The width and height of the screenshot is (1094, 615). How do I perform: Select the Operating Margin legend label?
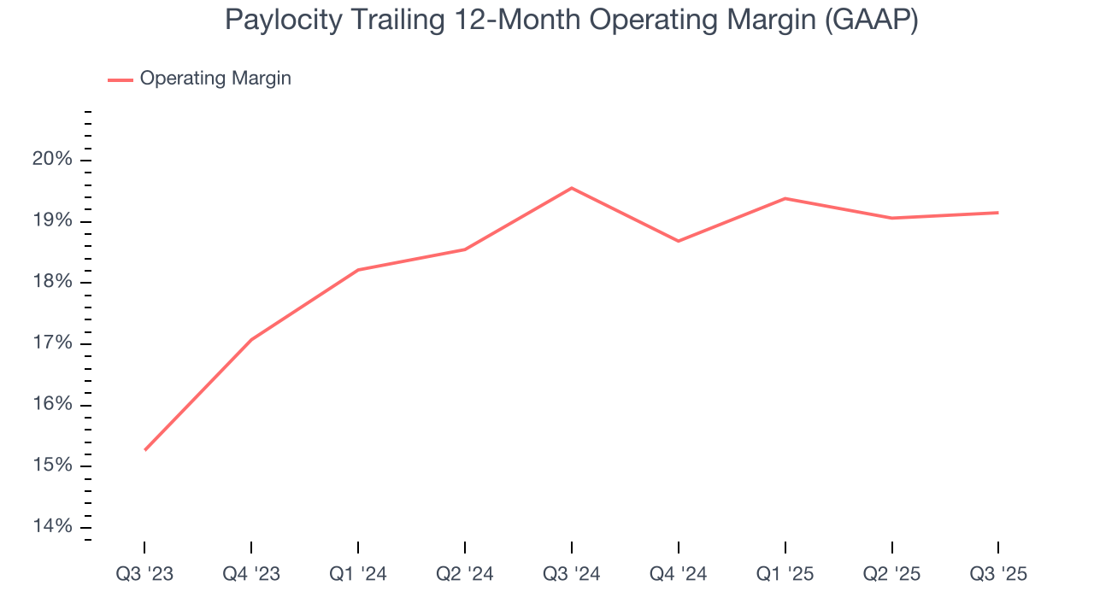[215, 79]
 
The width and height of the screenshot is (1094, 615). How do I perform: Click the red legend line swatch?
[121, 79]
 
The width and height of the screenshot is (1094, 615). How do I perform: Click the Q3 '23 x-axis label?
[144, 574]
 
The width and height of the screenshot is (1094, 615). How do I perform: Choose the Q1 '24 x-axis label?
[358, 574]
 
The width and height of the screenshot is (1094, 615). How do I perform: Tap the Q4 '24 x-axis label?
[679, 574]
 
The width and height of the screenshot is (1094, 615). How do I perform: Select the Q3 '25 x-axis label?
[998, 574]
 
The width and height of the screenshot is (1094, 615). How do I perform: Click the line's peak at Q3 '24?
[572, 188]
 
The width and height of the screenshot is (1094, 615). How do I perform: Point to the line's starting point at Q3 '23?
[145, 449]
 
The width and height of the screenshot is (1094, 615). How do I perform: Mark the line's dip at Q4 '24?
[679, 241]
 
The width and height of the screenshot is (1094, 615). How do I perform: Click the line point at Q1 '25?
[785, 198]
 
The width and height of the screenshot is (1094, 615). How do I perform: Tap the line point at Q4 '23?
[251, 340]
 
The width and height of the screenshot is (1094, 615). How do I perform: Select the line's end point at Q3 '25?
[997, 213]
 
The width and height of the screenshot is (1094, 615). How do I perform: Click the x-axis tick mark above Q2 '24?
[465, 547]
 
